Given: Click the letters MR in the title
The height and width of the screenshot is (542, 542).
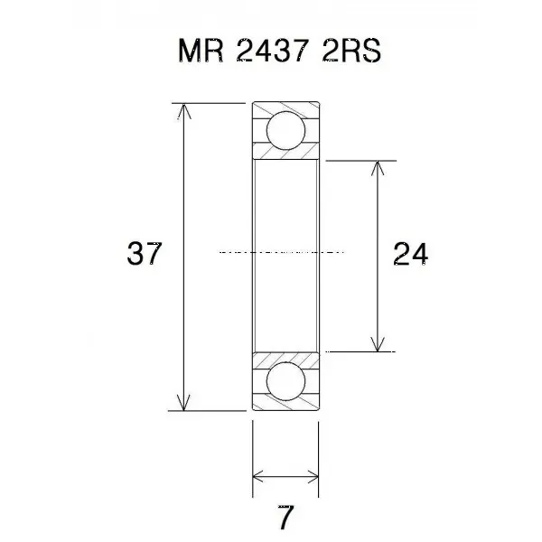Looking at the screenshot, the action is click(x=201, y=51).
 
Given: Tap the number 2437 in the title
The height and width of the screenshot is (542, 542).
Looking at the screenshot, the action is click(x=273, y=51).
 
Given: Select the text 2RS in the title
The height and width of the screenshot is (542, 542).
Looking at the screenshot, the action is click(x=351, y=51).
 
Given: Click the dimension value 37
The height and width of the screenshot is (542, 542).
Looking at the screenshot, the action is click(x=145, y=253).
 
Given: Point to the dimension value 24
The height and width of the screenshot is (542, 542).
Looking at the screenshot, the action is click(x=411, y=254).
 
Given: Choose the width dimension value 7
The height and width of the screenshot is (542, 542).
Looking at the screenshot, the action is click(x=285, y=517).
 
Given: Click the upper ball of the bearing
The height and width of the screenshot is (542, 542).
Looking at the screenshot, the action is click(x=285, y=131).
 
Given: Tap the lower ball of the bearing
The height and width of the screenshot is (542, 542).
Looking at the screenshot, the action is click(x=285, y=381).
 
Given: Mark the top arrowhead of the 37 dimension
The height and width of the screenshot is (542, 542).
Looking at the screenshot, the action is click(x=184, y=110).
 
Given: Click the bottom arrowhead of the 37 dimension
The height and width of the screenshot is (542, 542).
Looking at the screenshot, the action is click(x=184, y=403).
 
